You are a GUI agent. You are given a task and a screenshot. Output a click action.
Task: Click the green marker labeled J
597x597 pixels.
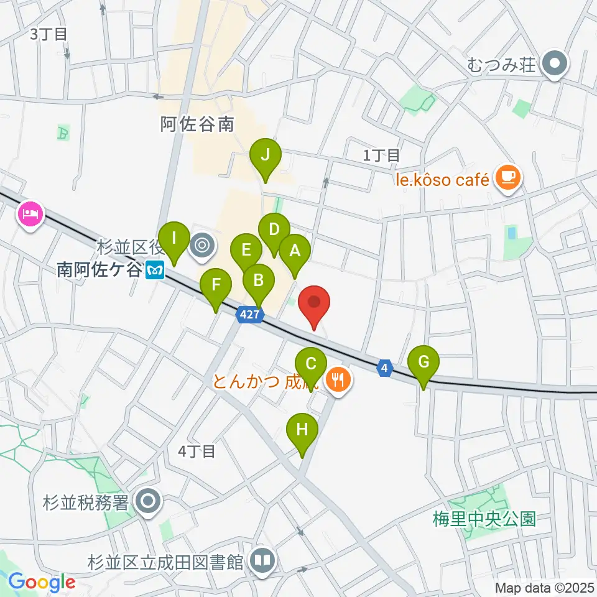pyautogui.click(x=266, y=155)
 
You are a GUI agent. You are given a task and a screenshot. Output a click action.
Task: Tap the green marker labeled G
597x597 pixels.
pyautogui.click(x=423, y=363)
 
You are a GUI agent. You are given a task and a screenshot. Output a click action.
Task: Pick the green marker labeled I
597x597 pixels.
pyautogui.click(x=175, y=239)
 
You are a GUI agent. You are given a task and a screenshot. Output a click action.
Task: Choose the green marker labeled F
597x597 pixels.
pyautogui.click(x=216, y=286)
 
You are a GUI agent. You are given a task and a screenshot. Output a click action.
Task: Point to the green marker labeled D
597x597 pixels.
pyautogui.click(x=274, y=230)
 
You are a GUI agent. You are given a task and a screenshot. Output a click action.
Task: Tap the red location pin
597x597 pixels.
pyautogui.click(x=315, y=303)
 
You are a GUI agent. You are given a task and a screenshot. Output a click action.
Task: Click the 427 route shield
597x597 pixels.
pyautogui.click(x=249, y=315)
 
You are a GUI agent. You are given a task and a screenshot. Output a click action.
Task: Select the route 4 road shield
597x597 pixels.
pyautogui.click(x=386, y=369)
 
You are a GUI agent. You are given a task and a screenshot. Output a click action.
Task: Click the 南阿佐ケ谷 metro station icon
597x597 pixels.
pyautogui.click(x=154, y=271)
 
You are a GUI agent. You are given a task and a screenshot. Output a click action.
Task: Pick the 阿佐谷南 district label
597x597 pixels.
pyautogui.click(x=197, y=124)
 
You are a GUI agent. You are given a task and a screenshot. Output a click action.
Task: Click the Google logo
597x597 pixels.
pyautogui.click(x=42, y=582)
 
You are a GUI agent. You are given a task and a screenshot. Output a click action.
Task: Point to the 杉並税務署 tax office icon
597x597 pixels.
pyautogui.click(x=148, y=501)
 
